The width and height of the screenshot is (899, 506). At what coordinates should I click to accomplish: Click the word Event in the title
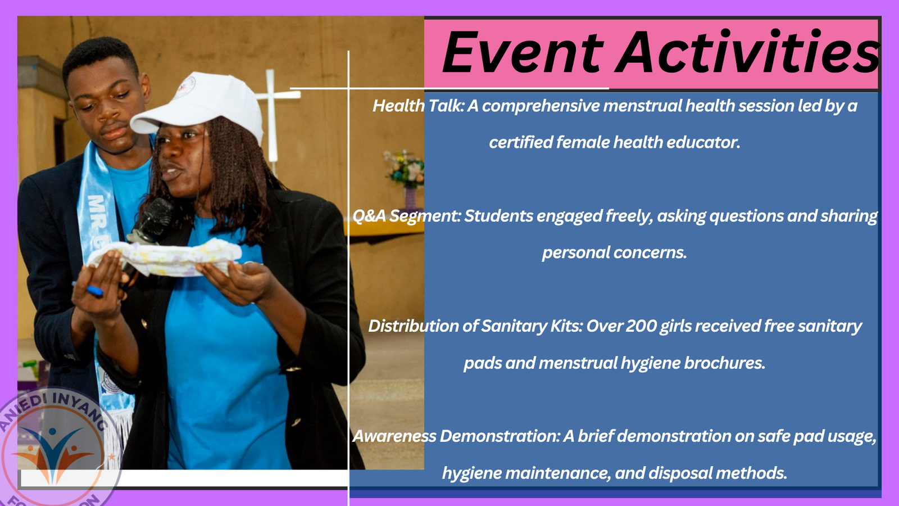tap(523, 52)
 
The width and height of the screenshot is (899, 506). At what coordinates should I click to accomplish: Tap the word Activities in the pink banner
tap(747, 52)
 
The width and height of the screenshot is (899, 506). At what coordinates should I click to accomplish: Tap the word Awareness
tap(394, 436)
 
